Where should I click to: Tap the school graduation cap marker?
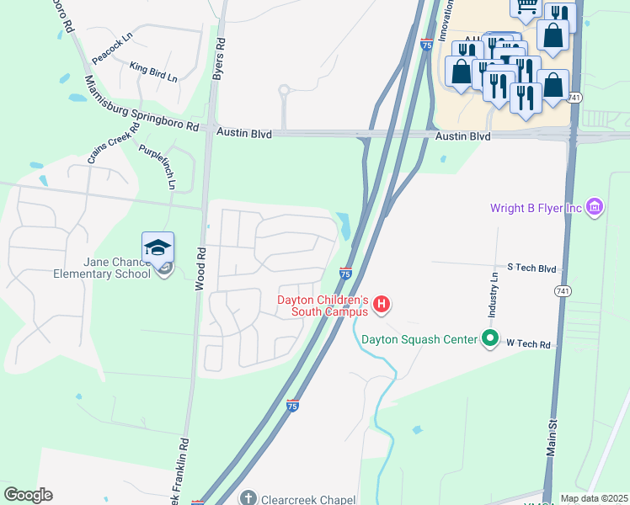pyautogui.click(x=157, y=247)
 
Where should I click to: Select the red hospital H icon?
pyautogui.click(x=382, y=304)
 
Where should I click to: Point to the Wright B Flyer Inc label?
pyautogui.click(x=537, y=207)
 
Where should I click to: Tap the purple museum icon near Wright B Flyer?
pyautogui.click(x=595, y=206)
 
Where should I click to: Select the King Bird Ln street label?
pyautogui.click(x=153, y=72)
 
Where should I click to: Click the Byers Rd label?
pyautogui.click(x=219, y=59)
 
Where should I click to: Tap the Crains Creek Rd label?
pyautogui.click(x=112, y=143)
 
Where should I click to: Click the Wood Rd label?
pyautogui.click(x=200, y=268)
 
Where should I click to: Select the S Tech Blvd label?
pyautogui.click(x=531, y=268)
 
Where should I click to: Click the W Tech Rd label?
pyautogui.click(x=528, y=343)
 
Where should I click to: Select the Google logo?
pyautogui.click(x=28, y=495)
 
